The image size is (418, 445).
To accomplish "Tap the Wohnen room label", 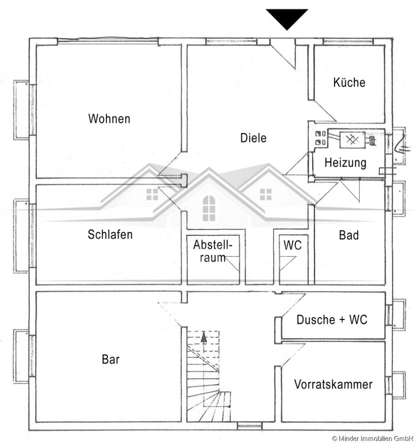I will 109,119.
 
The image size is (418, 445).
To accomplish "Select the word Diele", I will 254,138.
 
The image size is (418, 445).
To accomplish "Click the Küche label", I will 349,83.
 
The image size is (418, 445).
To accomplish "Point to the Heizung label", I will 345,162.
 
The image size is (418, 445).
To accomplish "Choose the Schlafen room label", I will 110,235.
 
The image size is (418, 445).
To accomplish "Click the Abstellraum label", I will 213,251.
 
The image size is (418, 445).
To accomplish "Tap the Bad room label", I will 348,235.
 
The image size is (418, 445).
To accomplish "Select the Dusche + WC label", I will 332,320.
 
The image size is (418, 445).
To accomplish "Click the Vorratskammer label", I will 333,384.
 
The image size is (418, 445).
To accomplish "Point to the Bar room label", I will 110,360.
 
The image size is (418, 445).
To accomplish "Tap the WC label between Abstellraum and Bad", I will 292,245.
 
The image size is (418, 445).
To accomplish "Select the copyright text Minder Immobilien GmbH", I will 374,438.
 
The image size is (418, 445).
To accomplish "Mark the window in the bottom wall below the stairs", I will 249,426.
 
